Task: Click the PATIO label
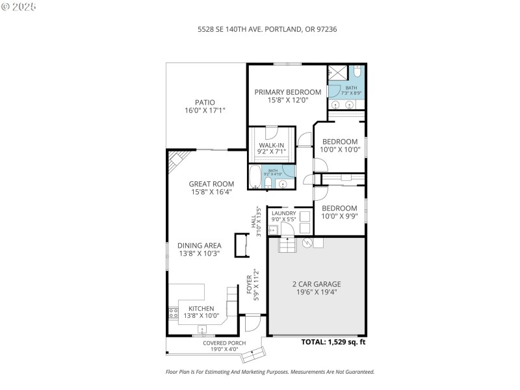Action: coord(205,102)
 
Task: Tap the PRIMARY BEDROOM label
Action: coord(287,92)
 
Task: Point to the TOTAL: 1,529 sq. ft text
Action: coord(333,342)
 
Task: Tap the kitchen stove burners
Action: coord(173,314)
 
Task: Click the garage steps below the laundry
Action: coord(287,244)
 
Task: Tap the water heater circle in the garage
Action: coord(309,243)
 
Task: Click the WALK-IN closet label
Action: coord(272,145)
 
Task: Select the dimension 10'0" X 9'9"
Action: coord(340,216)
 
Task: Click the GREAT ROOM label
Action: coord(211,184)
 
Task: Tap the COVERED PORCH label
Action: coord(224,343)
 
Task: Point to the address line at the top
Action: coord(267,29)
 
